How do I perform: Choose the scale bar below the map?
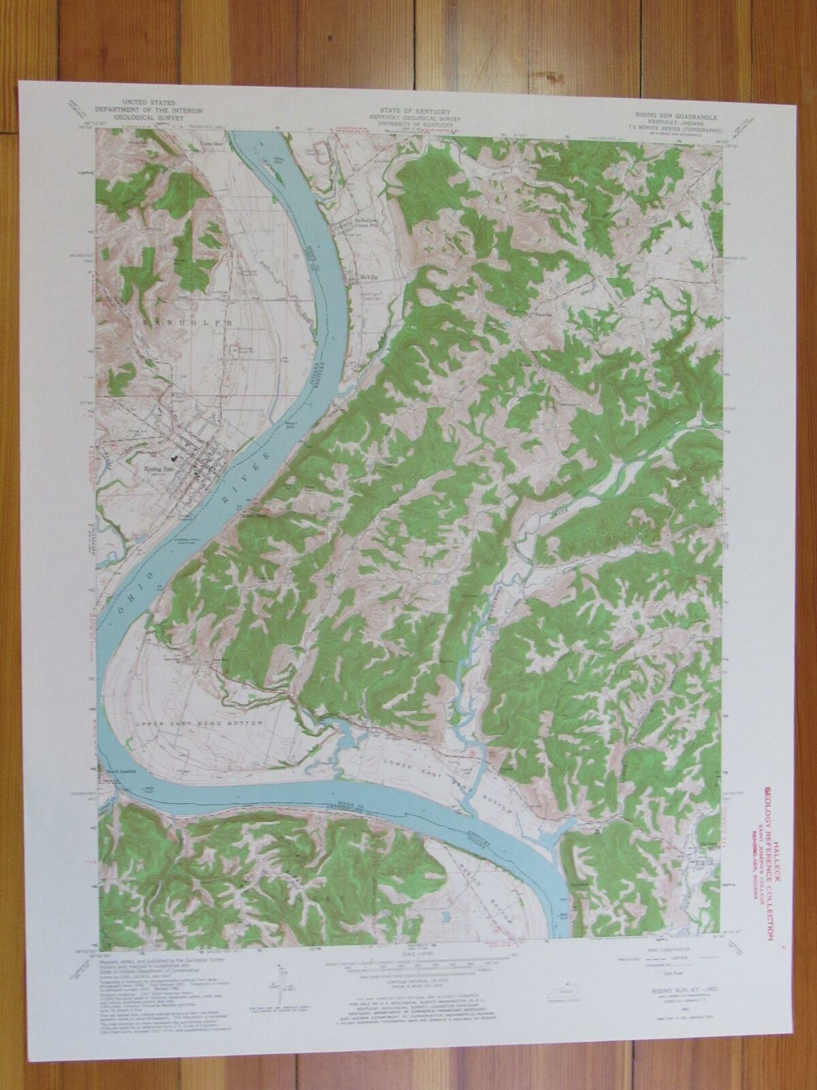click(408, 965)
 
